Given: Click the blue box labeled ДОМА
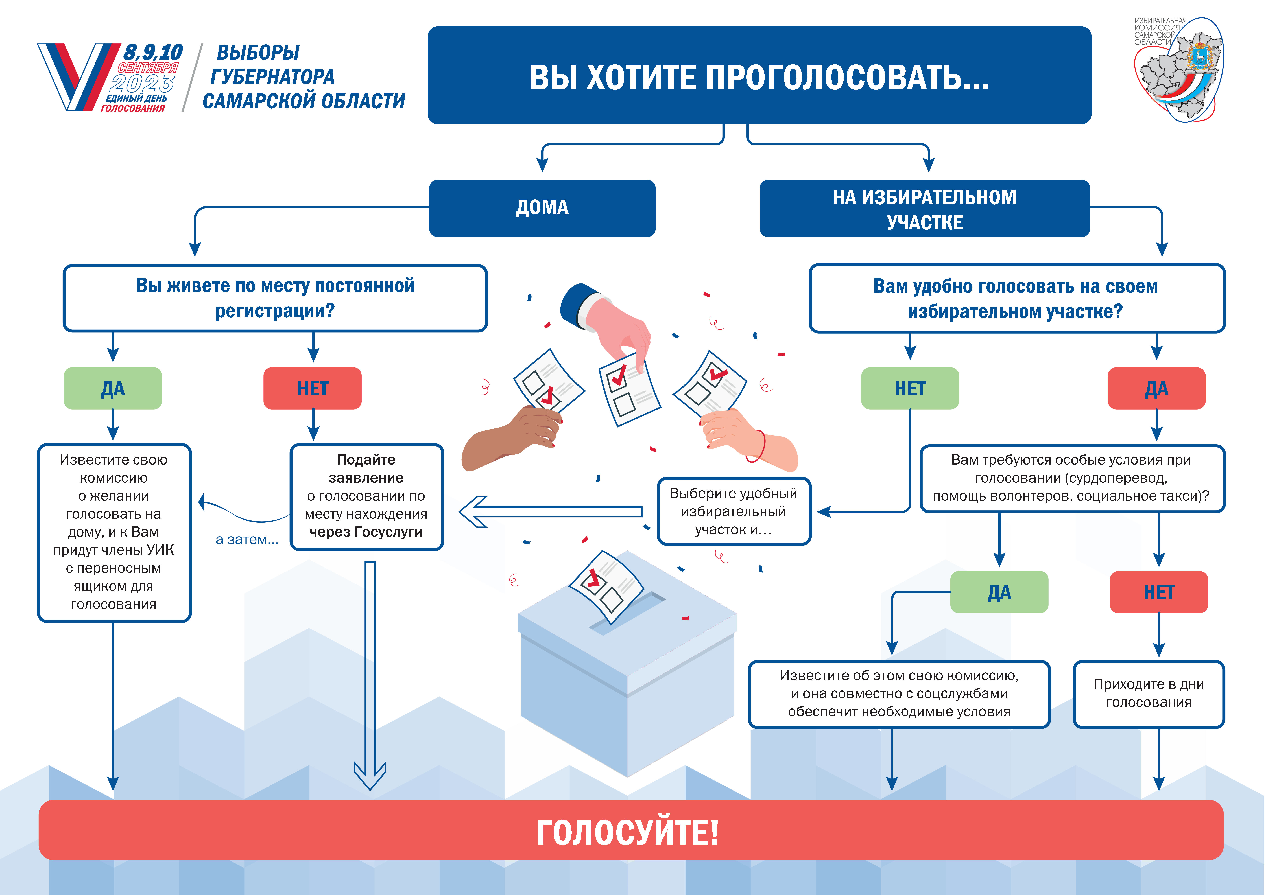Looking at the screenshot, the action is tap(542, 208).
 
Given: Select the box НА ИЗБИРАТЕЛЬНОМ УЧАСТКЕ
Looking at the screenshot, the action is tap(925, 208).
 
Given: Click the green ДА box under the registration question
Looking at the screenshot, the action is tap(113, 388).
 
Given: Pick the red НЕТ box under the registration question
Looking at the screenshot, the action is tap(313, 388).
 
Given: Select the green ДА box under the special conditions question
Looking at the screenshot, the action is tap(999, 592).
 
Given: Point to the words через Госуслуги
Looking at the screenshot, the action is tap(366, 532).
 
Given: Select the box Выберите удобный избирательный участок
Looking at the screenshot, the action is tap(734, 511).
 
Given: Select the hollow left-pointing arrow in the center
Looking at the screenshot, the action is tap(550, 512).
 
